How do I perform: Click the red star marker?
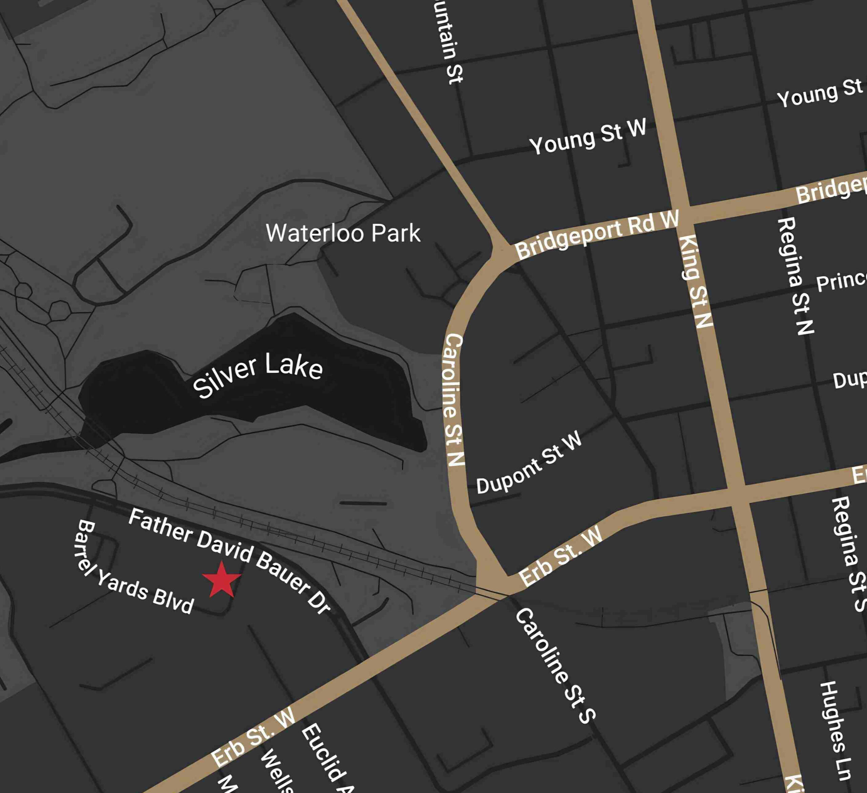(x=221, y=580)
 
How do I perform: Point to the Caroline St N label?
(x=454, y=400)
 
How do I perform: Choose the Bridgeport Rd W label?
(x=597, y=234)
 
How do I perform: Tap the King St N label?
(x=695, y=282)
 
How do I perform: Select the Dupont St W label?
(x=529, y=464)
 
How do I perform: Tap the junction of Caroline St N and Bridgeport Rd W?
(x=500, y=250)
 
